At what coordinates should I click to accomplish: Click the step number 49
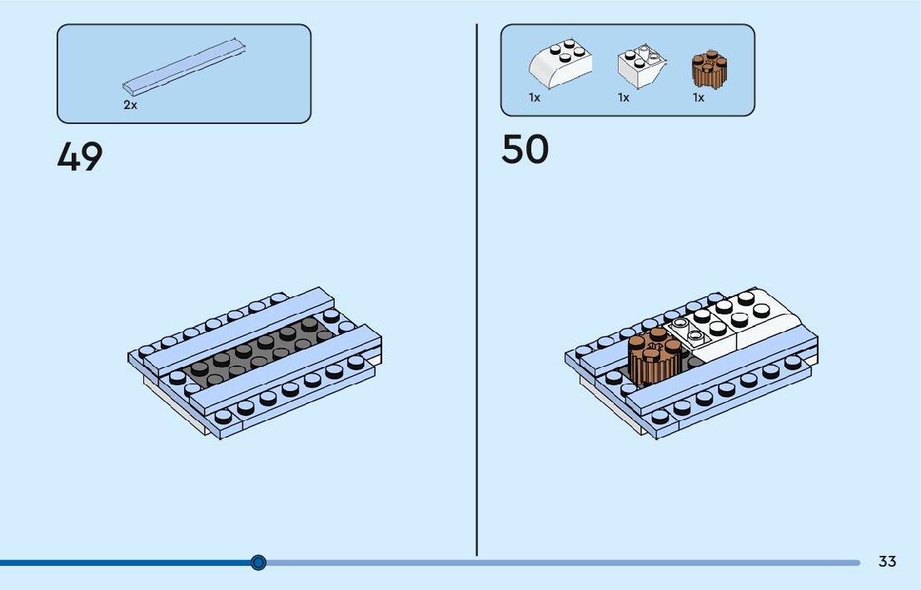click(x=80, y=156)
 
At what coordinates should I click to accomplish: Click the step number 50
click(x=525, y=150)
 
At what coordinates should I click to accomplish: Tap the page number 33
click(x=887, y=562)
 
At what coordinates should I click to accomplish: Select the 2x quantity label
click(x=130, y=106)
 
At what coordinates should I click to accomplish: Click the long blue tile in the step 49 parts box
click(x=185, y=64)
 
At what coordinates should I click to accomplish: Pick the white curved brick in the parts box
click(x=560, y=64)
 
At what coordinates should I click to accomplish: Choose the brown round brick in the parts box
click(x=709, y=70)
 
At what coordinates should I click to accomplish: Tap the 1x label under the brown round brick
click(x=698, y=97)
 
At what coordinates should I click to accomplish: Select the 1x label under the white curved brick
click(x=535, y=97)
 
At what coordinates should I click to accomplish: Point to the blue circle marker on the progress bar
click(x=258, y=563)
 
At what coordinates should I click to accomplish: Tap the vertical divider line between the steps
click(x=476, y=291)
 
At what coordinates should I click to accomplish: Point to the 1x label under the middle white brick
click(x=623, y=97)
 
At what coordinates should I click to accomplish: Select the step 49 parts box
click(x=183, y=73)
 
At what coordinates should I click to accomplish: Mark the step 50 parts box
click(x=627, y=69)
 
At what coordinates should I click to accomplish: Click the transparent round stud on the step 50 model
click(x=681, y=323)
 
